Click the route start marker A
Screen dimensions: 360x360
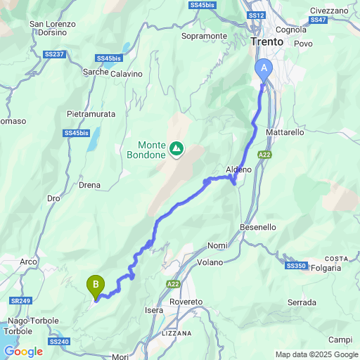(264, 68)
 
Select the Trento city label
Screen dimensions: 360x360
(267, 42)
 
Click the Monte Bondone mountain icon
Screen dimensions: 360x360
(176, 148)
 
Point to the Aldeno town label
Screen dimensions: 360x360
(238, 169)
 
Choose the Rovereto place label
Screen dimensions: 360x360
(186, 302)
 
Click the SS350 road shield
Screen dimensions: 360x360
(296, 266)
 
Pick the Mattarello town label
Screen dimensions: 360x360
(285, 131)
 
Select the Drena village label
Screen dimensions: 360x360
(90, 185)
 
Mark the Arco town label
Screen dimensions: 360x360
(28, 262)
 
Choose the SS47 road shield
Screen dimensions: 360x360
(318, 20)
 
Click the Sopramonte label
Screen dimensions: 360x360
(204, 36)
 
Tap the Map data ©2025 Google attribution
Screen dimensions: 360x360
(316, 354)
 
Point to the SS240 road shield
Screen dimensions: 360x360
(60, 342)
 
